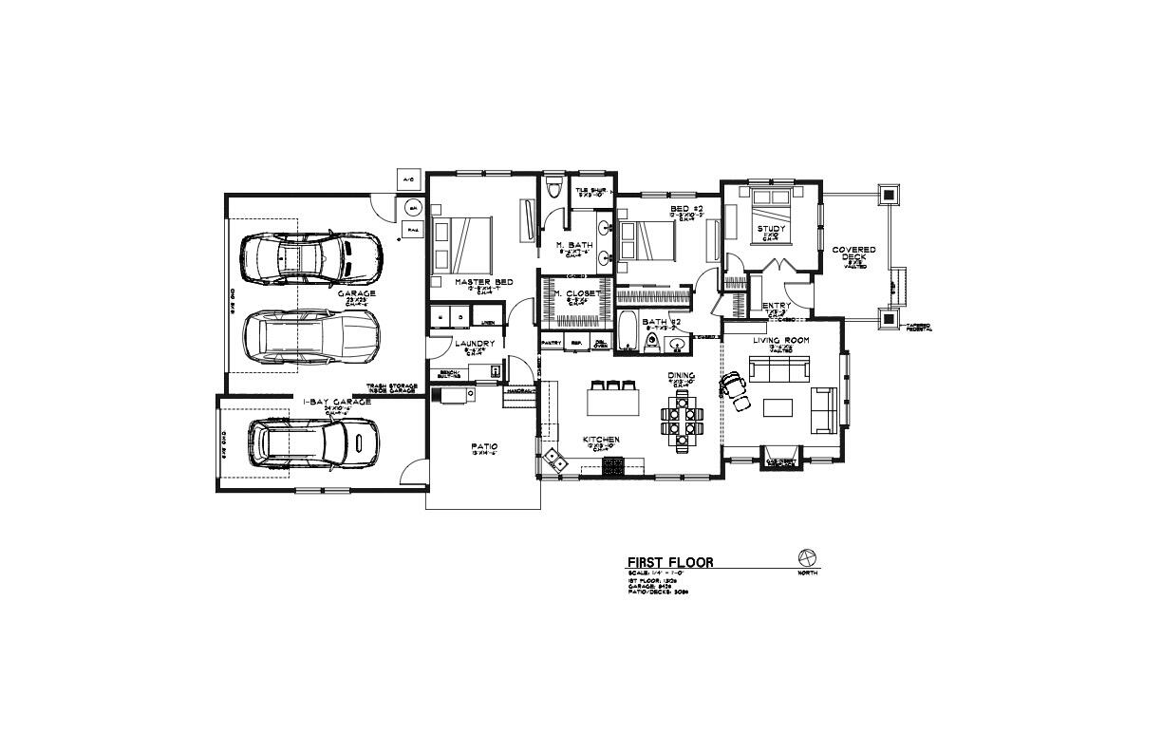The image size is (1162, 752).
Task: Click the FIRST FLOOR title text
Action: [x=669, y=562]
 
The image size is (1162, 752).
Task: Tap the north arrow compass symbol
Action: [x=808, y=556]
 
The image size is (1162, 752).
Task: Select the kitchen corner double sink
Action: [x=553, y=462]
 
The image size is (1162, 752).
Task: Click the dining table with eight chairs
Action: [x=684, y=420]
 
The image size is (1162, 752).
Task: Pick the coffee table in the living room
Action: [x=778, y=406]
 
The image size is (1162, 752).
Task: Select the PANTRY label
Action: [x=552, y=342]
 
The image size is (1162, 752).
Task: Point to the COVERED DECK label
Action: [x=853, y=254]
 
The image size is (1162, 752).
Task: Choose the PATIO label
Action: [x=484, y=446]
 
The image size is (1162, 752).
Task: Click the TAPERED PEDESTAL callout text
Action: [x=919, y=328]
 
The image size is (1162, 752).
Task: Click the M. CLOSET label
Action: [x=577, y=293]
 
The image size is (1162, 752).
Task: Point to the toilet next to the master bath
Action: [x=556, y=188]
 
